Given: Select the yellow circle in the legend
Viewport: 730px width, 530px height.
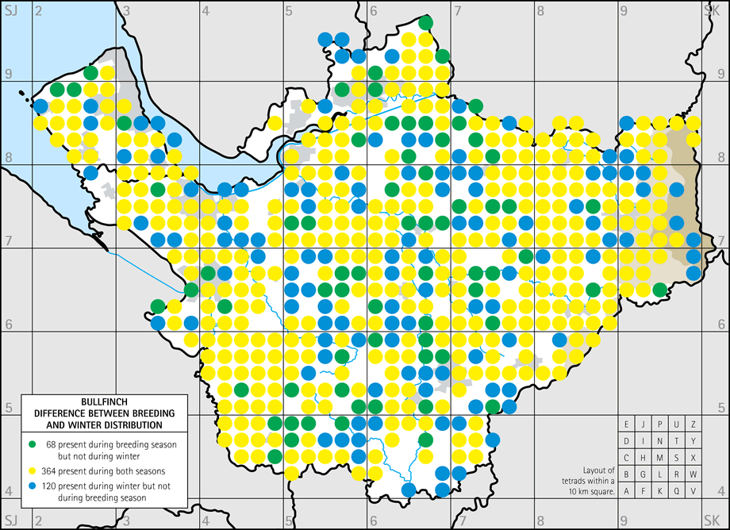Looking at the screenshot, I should pyautogui.click(x=32, y=467).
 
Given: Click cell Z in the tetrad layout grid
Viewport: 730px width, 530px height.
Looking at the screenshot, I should pyautogui.click(x=693, y=424).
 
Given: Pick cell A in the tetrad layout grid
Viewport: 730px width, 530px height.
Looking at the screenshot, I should pyautogui.click(x=627, y=490).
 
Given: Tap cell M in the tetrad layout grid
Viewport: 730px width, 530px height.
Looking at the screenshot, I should pyautogui.click(x=660, y=457).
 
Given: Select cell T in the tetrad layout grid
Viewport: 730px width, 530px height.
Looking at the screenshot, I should pyautogui.click(x=677, y=440).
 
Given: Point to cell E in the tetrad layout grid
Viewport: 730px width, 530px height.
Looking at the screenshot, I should pyautogui.click(x=627, y=424).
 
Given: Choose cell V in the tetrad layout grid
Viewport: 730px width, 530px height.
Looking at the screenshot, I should pyautogui.click(x=693, y=490).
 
